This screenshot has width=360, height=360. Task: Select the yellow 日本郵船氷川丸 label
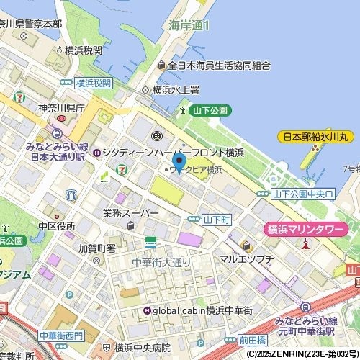pos(315,136)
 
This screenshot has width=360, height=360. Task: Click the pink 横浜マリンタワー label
pos(304,229)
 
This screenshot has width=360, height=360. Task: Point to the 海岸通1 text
pos(189,25)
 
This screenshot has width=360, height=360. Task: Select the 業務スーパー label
pos(130,213)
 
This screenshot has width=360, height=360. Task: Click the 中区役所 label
pos(57,226)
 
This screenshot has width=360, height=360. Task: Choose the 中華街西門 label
pos(61,336)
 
